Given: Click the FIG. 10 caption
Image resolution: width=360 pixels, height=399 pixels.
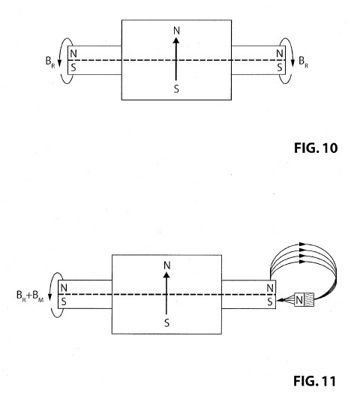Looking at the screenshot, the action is coord(316,148).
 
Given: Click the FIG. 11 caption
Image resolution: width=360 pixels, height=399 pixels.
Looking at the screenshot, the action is coord(315,381).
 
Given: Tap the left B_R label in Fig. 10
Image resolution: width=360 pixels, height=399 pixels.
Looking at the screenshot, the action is coord(50,62).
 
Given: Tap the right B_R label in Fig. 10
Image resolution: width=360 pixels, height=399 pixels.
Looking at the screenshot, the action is coord(303,62).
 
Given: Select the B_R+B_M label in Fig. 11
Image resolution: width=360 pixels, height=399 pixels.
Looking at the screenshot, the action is coord(30,296).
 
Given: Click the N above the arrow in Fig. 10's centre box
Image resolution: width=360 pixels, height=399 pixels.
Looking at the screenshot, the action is coord(176,31).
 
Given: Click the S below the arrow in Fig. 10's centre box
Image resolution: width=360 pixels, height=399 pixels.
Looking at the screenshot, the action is coord(176,89).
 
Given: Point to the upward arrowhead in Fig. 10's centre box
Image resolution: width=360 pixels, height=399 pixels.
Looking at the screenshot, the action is coord(175,40).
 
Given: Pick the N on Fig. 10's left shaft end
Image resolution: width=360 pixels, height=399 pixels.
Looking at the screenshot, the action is coord(73,54).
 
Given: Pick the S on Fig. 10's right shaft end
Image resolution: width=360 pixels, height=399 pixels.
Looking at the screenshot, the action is coord(280,67).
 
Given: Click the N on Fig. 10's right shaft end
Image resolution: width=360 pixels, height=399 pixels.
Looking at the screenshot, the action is coord(280,54).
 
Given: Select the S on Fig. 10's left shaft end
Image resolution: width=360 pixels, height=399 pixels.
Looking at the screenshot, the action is coord(73,67).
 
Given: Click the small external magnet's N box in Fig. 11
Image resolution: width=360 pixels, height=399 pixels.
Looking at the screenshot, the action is coord(299,300).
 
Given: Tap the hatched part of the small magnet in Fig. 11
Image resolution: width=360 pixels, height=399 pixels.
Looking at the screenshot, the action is coord(309,300).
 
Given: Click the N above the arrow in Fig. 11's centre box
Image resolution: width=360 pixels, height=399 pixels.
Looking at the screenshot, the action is coord(167,265).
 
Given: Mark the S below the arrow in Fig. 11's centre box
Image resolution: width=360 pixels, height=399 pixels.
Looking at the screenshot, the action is coord(166,323).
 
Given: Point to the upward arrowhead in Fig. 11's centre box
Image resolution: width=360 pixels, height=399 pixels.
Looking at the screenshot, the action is coord(166,274).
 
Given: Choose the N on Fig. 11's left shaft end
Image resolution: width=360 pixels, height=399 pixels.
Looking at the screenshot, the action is coord(64,288).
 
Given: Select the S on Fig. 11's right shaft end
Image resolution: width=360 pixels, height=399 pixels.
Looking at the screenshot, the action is coord(270,301).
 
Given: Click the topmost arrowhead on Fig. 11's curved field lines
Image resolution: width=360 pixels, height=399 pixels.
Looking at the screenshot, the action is coord(302,244).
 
